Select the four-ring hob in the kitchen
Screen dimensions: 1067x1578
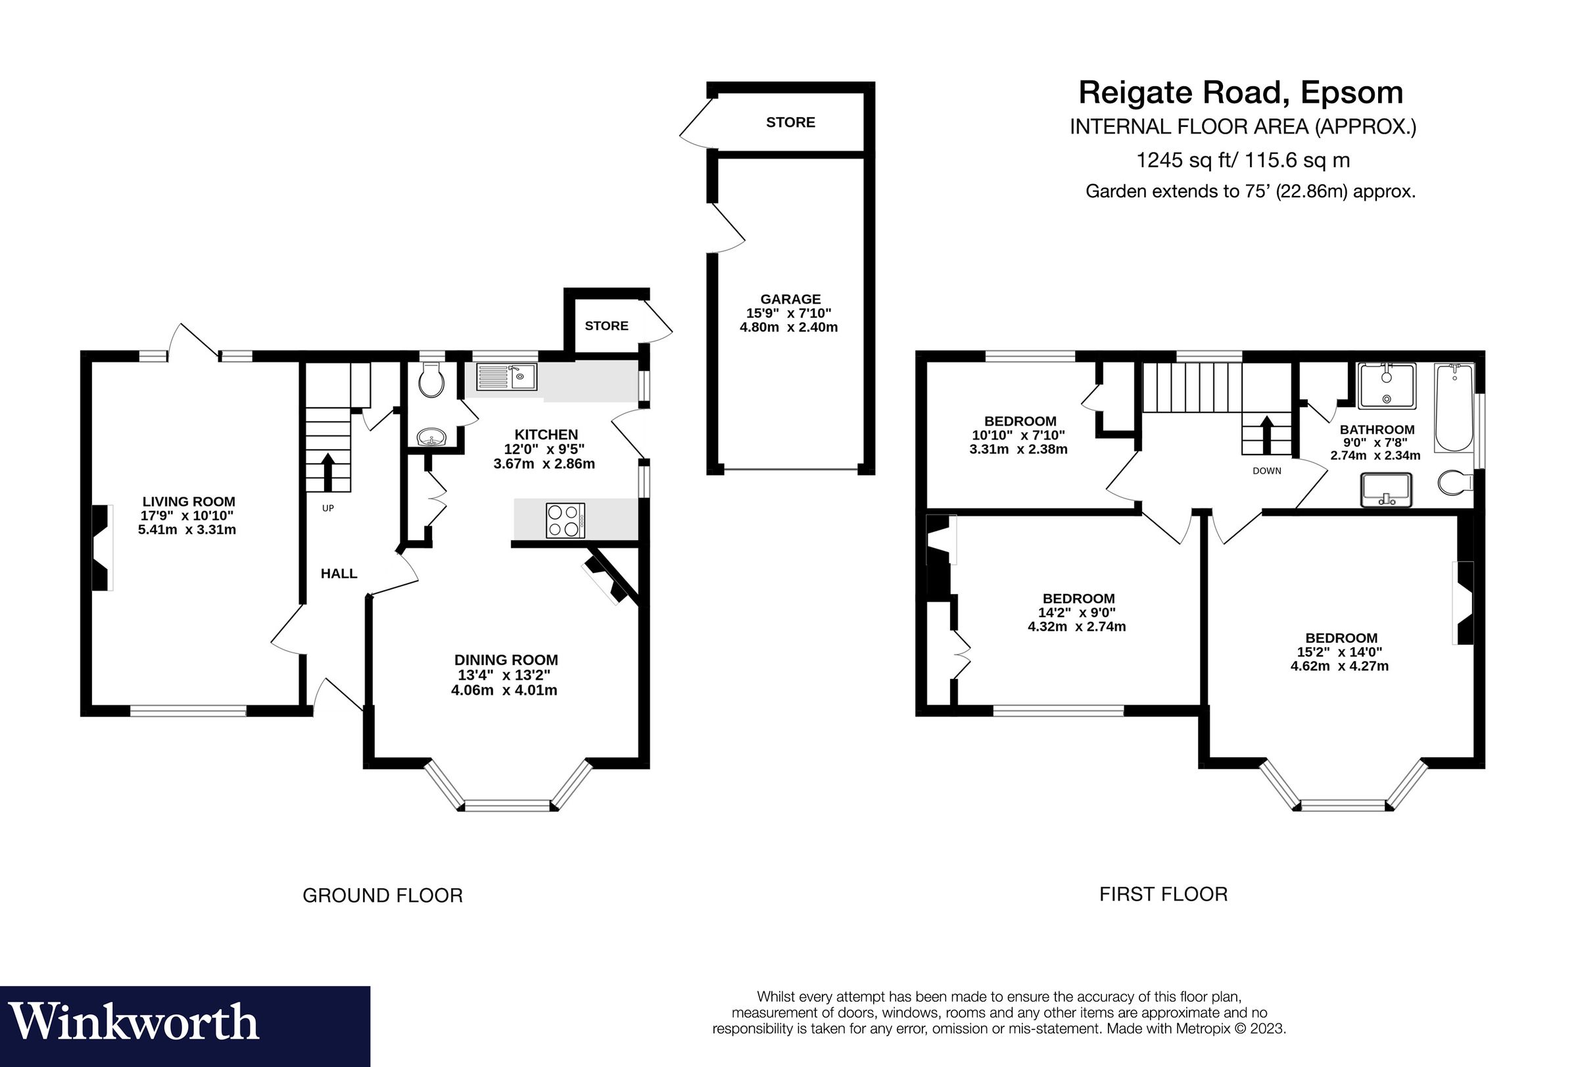[x=565, y=520]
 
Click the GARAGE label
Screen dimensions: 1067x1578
[x=790, y=299]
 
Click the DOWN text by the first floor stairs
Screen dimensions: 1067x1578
[x=1266, y=470]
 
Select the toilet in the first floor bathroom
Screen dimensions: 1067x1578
[x=1455, y=484]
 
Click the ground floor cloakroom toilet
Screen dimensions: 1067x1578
[x=431, y=381]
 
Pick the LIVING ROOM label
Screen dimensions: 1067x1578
[x=188, y=501]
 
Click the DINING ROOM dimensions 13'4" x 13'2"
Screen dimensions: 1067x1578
[x=504, y=675]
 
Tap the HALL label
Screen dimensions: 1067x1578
[x=339, y=573]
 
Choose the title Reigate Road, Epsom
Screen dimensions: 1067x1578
[x=1241, y=92]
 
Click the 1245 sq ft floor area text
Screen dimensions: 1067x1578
[x=1243, y=161]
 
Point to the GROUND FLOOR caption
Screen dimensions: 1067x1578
[x=382, y=896]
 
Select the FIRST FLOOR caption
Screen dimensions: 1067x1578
[x=1163, y=895]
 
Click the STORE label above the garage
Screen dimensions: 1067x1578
[x=790, y=122]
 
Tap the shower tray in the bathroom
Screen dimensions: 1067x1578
[x=1387, y=385]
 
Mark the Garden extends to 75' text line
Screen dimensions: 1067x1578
[x=1250, y=191]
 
